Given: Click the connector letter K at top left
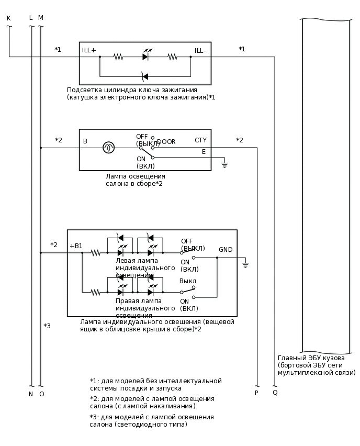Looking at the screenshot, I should click(x=8, y=18).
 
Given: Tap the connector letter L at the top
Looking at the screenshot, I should click(x=31, y=18).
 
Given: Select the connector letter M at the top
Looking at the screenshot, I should click(x=41, y=18).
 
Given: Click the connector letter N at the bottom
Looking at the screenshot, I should click(x=31, y=394).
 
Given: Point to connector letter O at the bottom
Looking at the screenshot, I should click(x=41, y=394).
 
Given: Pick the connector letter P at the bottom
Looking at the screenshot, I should click(x=256, y=393).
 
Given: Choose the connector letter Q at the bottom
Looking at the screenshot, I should click(x=275, y=393).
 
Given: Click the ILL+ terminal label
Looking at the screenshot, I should click(x=89, y=50).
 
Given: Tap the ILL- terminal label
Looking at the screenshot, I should click(x=200, y=51).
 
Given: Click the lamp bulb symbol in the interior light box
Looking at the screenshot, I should click(x=108, y=148).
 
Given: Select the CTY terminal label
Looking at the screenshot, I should click(x=200, y=140).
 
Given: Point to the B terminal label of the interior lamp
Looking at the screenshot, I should click(x=85, y=141).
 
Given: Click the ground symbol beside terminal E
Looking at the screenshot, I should click(x=224, y=164).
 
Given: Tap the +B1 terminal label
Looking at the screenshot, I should click(x=76, y=246).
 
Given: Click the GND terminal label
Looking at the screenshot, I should click(x=226, y=250).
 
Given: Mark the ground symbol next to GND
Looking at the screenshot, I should click(x=245, y=265).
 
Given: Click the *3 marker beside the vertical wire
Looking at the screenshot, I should click(x=47, y=326).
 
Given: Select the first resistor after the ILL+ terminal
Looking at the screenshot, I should click(x=118, y=57).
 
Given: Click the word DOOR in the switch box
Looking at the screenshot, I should click(x=166, y=142).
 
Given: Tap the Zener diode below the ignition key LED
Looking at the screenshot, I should click(x=145, y=76).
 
